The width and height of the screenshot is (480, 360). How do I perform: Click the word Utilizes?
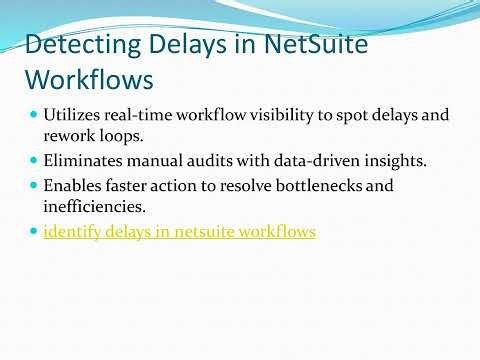tap(73, 115)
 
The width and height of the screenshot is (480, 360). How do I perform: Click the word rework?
tap(68, 134)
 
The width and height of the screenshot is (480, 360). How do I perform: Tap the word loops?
tap(120, 134)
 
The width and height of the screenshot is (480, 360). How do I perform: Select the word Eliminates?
tap(83, 160)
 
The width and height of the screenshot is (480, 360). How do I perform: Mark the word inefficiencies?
tap(95, 205)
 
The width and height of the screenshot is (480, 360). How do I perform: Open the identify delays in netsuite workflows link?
tap(179, 232)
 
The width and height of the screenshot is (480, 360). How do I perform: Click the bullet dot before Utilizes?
tap(33, 115)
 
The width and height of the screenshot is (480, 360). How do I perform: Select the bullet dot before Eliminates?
tap(33, 160)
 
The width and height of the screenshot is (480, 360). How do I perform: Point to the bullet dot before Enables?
tap(33, 186)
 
